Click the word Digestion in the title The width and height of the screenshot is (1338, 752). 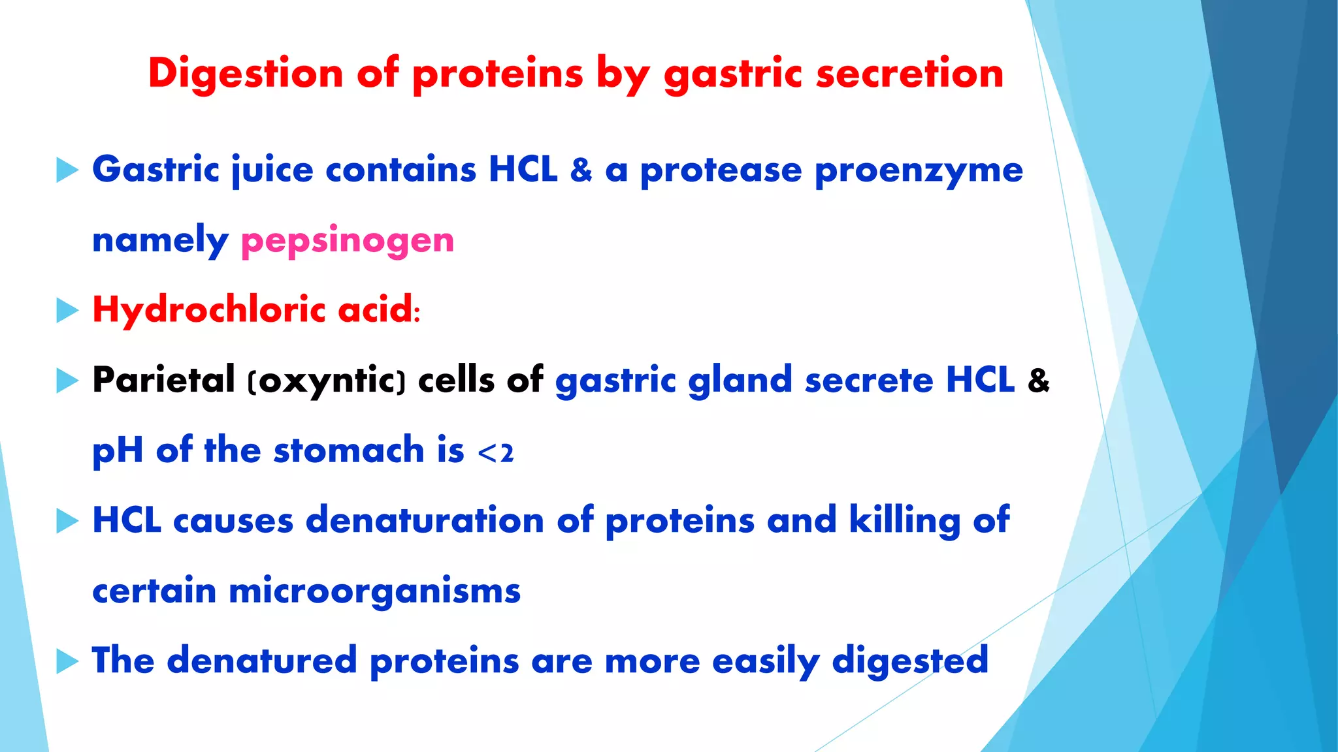(x=246, y=73)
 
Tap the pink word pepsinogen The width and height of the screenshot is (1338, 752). (x=348, y=240)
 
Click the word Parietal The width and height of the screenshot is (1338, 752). (x=163, y=379)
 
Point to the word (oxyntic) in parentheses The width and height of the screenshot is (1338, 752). (x=327, y=381)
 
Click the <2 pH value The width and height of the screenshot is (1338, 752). (x=496, y=452)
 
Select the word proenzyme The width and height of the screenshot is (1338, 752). (x=919, y=171)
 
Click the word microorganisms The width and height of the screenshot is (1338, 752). (x=374, y=591)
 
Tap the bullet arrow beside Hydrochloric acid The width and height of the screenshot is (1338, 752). (x=67, y=310)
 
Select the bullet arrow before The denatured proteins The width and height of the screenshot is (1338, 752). (x=67, y=661)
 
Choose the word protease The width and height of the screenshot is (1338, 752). (x=721, y=171)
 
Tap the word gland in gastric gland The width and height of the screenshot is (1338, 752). (x=740, y=381)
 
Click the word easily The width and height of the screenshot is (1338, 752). (x=765, y=661)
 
